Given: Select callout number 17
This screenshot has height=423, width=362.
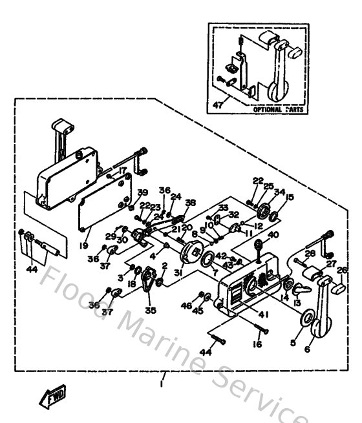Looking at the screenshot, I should pos(123,171).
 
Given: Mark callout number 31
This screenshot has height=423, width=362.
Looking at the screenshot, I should pos(178,273).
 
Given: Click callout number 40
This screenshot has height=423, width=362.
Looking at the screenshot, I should pos(273,235).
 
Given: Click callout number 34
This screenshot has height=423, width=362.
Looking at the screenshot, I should pos(279,191).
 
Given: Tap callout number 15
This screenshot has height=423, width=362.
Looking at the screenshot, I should pos(289,197).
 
